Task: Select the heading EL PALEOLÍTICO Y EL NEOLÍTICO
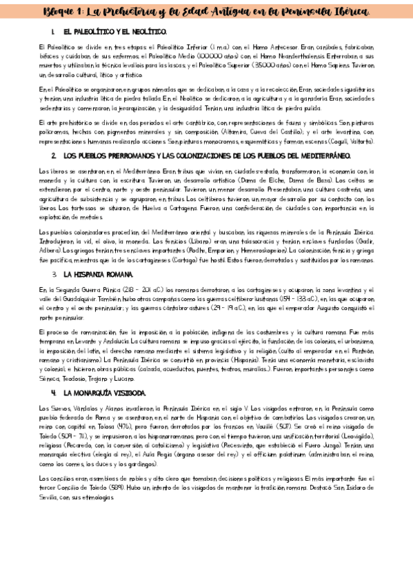pyautogui.click(x=114, y=32)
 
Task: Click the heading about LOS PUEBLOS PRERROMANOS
pyautogui.click(x=207, y=156)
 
